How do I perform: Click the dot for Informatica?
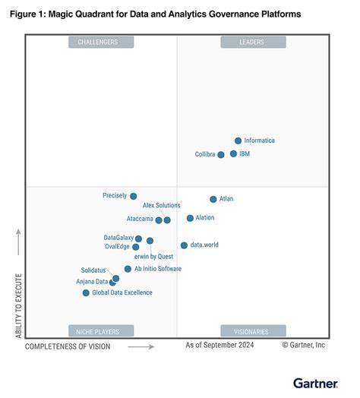pyautogui.click(x=238, y=141)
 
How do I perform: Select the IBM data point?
pyautogui.click(x=233, y=153)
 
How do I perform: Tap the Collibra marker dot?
pyautogui.click(x=221, y=154)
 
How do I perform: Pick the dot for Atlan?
pyautogui.click(x=213, y=199)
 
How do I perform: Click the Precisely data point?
pyautogui.click(x=133, y=196)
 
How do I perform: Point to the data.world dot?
pyautogui.click(x=184, y=245)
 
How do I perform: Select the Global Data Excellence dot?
pyautogui.click(x=86, y=292)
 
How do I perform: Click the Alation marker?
pyautogui.click(x=190, y=218)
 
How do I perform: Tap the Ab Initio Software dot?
pyautogui.click(x=128, y=269)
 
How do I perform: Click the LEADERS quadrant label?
pyautogui.click(x=253, y=43)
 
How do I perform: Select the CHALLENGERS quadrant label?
pyautogui.click(x=101, y=43)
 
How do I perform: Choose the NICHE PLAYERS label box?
pyautogui.click(x=101, y=330)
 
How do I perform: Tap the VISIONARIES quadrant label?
pyautogui.click(x=253, y=330)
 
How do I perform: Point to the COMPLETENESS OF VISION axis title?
pyautogui.click(x=68, y=346)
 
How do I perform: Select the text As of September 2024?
pyautogui.click(x=220, y=345)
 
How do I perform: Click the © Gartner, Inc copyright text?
pyautogui.click(x=303, y=345)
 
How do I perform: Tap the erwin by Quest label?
pyautogui.click(x=153, y=256)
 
